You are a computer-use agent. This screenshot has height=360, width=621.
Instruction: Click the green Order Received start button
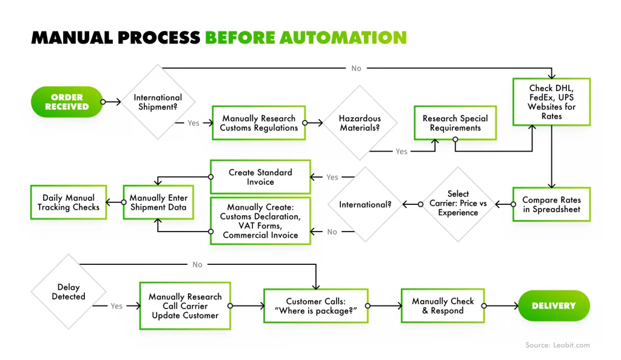point(66,102)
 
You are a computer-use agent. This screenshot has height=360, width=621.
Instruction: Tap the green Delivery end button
point(553,306)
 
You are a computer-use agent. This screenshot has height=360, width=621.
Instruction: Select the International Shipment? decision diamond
point(158,102)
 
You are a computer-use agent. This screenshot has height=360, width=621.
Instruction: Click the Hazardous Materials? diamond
point(360,123)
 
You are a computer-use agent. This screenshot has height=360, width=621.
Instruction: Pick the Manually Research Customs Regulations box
point(258,123)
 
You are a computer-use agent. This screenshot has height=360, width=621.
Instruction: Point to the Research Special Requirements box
point(455,123)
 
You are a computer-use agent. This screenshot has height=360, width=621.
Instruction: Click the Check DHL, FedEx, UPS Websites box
point(551,102)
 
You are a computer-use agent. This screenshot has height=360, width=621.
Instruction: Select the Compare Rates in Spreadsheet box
point(551,205)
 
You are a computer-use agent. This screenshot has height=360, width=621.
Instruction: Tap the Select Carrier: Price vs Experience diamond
point(458,204)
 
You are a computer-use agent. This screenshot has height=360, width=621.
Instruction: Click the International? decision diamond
point(365,204)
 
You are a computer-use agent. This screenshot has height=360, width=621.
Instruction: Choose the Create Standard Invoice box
point(260,177)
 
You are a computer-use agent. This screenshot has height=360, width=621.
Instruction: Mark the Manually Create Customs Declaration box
point(260,221)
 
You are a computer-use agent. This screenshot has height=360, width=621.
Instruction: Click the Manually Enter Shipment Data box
point(158,202)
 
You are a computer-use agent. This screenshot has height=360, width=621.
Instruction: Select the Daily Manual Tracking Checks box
point(69,202)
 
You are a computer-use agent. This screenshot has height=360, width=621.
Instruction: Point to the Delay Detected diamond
point(69,292)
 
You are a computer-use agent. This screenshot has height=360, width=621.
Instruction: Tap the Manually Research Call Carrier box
point(185,306)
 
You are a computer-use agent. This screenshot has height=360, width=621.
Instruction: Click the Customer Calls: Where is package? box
point(316,306)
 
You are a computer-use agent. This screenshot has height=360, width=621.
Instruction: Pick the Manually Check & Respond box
point(443,306)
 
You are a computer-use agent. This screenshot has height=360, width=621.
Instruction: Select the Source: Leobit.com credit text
point(557,345)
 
